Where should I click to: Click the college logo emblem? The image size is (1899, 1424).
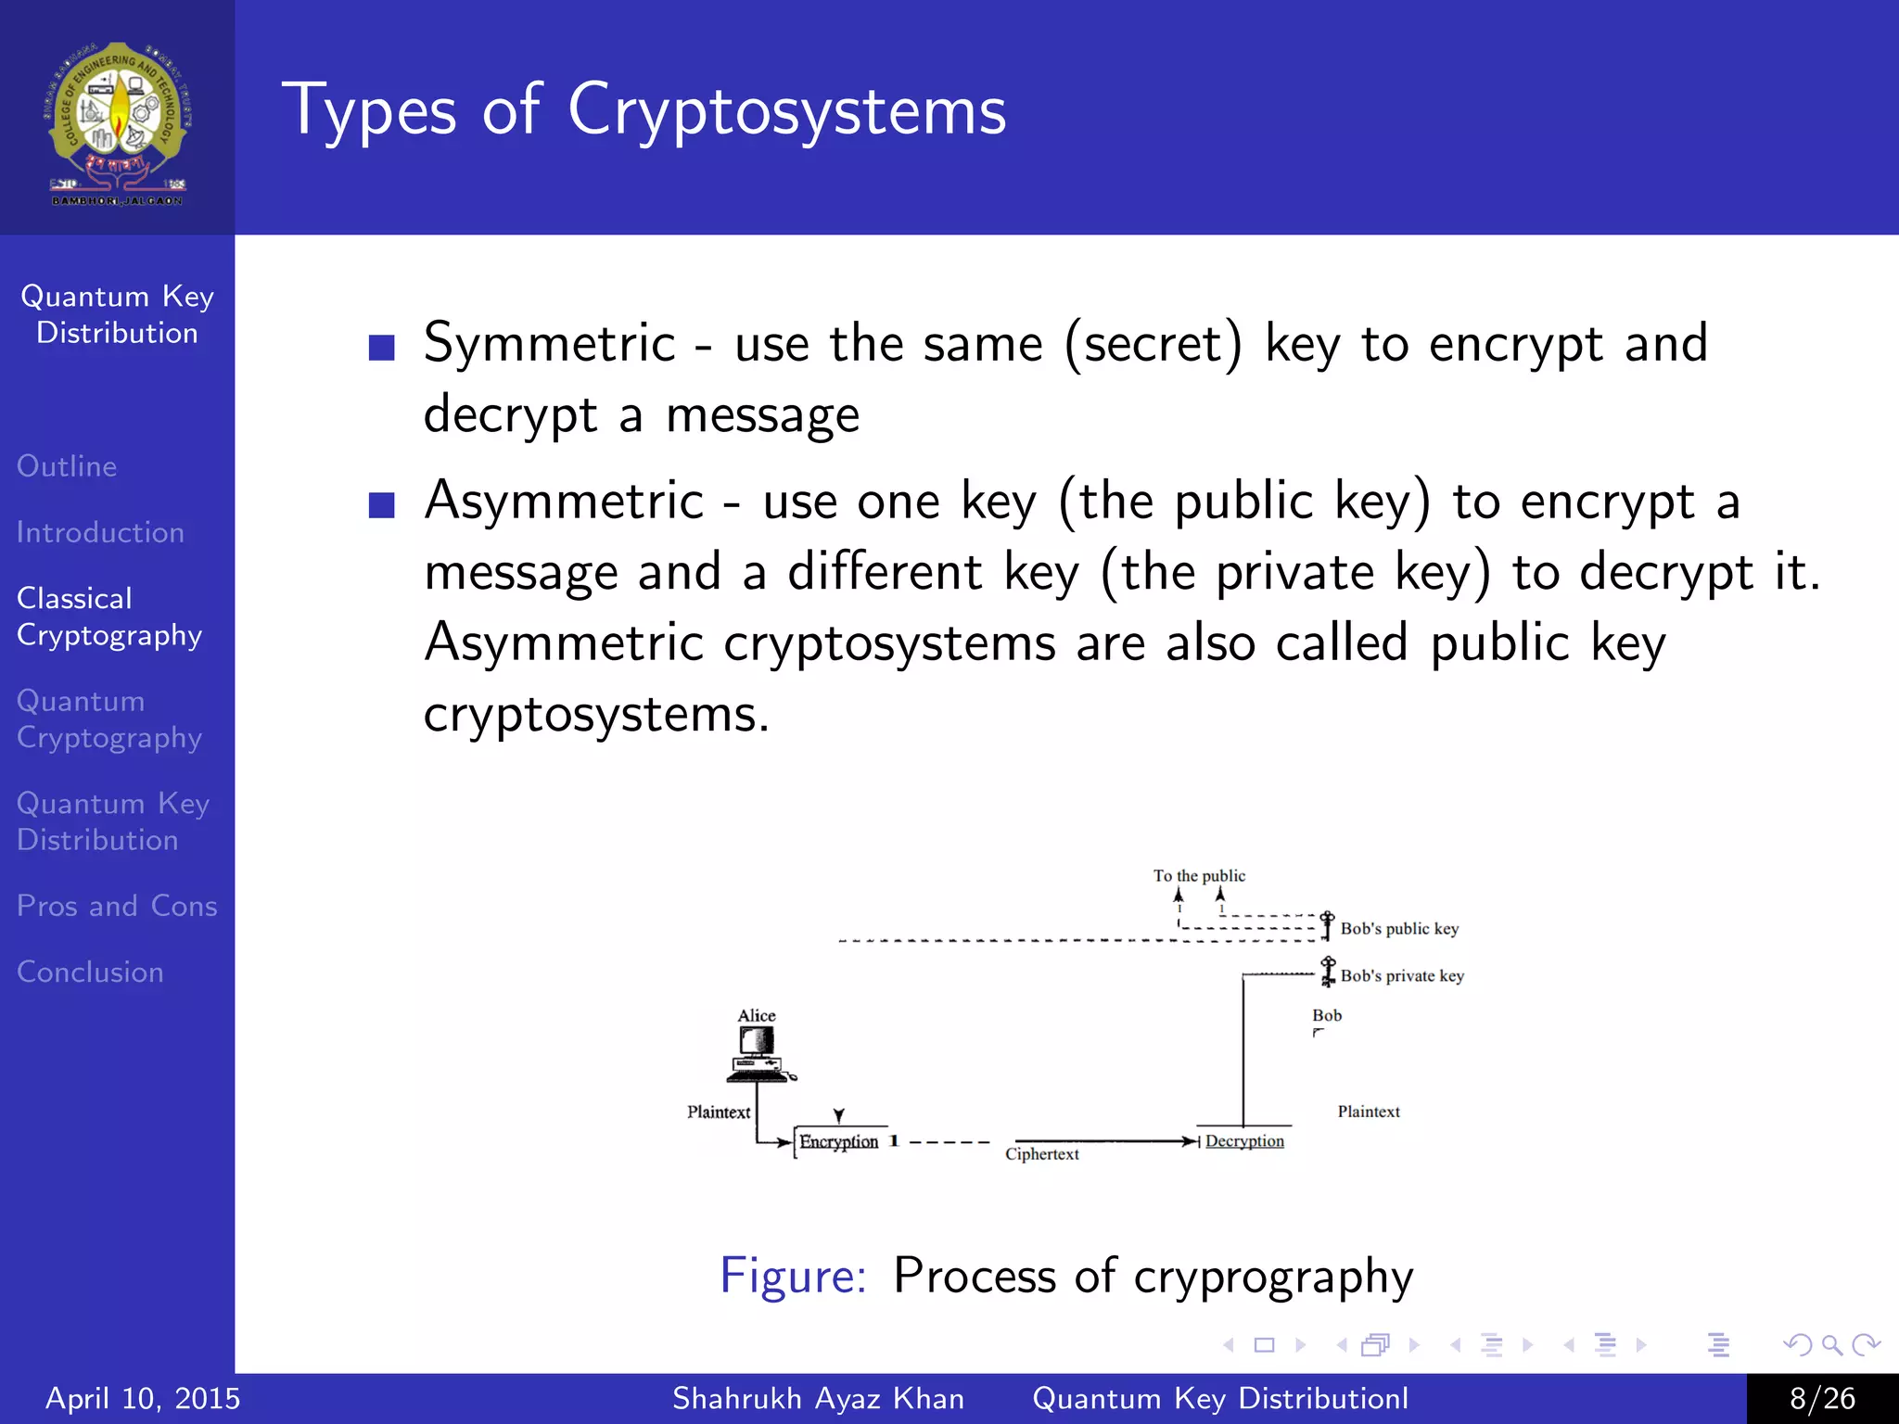click(x=118, y=121)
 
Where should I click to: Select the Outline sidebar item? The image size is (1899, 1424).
click(x=67, y=465)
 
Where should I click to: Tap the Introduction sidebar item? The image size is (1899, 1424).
click(x=100, y=532)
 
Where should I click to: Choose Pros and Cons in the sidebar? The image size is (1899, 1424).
click(x=117, y=906)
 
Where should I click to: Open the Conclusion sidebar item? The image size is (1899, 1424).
click(x=90, y=972)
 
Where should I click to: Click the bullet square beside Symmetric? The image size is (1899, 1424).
click(x=382, y=348)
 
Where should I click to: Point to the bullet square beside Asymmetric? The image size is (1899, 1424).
click(x=382, y=505)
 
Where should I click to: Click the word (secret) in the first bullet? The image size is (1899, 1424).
click(x=1153, y=345)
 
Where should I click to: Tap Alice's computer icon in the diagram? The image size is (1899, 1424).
click(x=759, y=1055)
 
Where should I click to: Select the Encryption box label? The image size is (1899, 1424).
click(x=838, y=1141)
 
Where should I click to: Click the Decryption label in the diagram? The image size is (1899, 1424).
click(x=1244, y=1141)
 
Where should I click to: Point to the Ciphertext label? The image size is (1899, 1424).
click(x=1041, y=1154)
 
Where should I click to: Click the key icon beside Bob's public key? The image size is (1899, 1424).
click(x=1327, y=924)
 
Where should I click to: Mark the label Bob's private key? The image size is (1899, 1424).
click(x=1402, y=975)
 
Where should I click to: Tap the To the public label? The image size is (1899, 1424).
click(x=1199, y=875)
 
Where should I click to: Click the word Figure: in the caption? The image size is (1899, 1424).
click(x=793, y=1276)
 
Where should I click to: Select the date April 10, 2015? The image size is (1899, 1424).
click(x=143, y=1398)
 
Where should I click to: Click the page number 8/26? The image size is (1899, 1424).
click(x=1822, y=1398)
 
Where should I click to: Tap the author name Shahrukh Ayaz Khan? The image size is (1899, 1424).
click(x=818, y=1398)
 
